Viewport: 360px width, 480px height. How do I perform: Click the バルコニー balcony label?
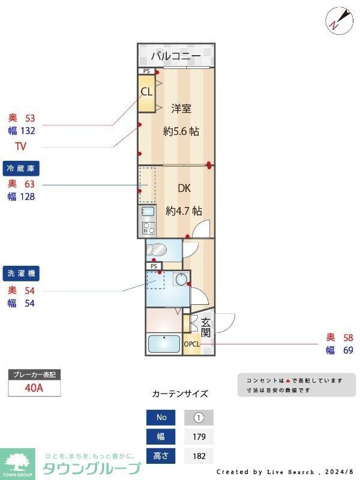[x=175, y=56]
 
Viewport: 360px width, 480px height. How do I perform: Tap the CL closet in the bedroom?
[x=146, y=92]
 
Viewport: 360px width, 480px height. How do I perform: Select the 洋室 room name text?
[x=181, y=109]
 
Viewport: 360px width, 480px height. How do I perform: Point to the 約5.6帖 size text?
[x=181, y=131]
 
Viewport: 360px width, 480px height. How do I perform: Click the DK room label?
[x=184, y=188]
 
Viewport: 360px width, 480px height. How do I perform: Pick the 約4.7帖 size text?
[x=184, y=211]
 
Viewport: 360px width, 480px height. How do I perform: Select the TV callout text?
[x=21, y=146]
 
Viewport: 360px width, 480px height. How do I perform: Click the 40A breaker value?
[x=34, y=388]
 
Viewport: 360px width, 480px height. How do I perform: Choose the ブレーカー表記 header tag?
[x=34, y=375]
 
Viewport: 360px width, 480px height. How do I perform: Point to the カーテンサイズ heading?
[x=180, y=394]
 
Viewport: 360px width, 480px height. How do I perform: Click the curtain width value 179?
[x=199, y=437]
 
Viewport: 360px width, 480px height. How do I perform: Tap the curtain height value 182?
[x=199, y=456]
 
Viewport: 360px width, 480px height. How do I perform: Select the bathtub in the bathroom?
[x=164, y=344]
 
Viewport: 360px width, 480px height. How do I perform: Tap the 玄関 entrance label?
[x=206, y=327]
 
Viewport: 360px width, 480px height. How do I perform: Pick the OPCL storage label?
[x=191, y=344]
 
